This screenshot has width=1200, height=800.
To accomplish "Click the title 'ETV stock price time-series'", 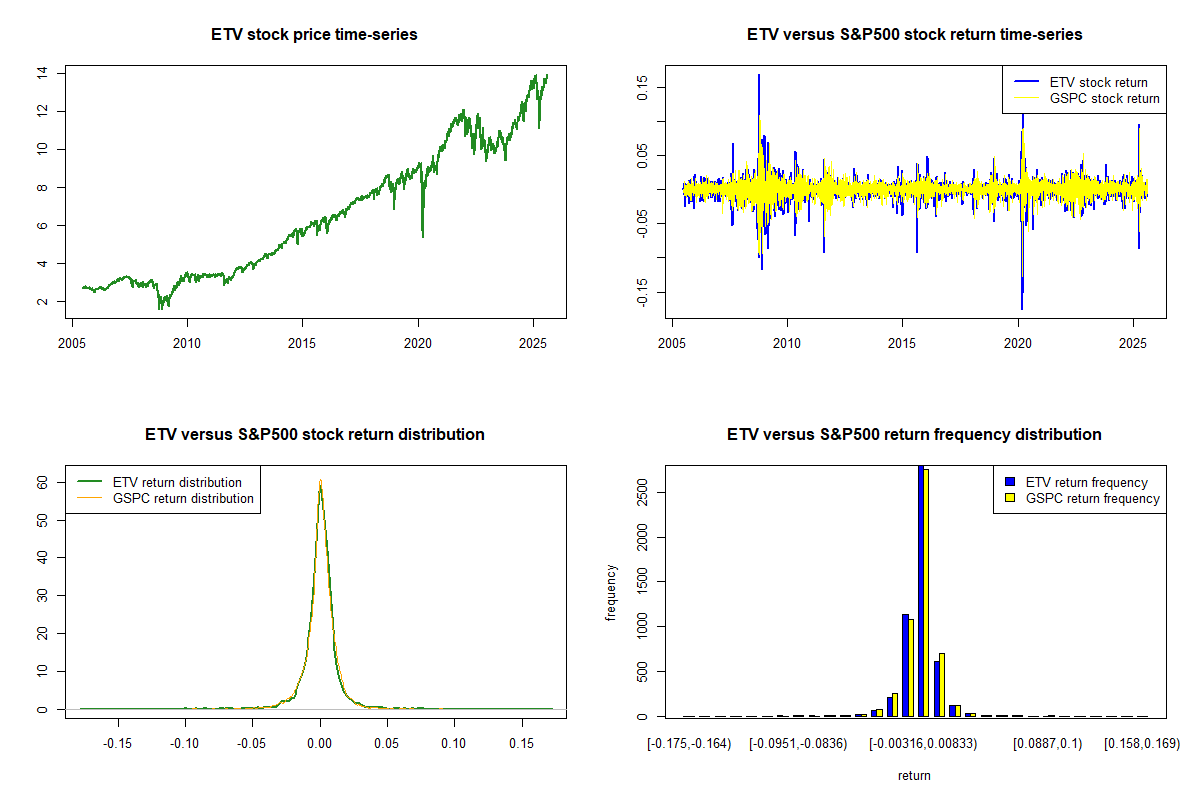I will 314,34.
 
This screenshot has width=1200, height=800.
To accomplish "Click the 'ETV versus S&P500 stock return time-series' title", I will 914,34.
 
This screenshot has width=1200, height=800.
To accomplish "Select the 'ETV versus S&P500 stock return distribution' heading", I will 314,434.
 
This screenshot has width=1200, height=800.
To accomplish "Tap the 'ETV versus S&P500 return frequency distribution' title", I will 914,434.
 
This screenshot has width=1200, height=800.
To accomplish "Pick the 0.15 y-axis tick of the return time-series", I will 642,86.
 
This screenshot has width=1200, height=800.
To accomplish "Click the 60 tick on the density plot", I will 42,481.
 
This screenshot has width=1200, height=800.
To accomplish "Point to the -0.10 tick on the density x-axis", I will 185,743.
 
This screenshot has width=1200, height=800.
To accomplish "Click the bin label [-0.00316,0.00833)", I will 922,743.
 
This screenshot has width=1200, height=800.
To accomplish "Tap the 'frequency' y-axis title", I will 611,593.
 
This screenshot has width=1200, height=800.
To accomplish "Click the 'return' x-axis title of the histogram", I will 914,775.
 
